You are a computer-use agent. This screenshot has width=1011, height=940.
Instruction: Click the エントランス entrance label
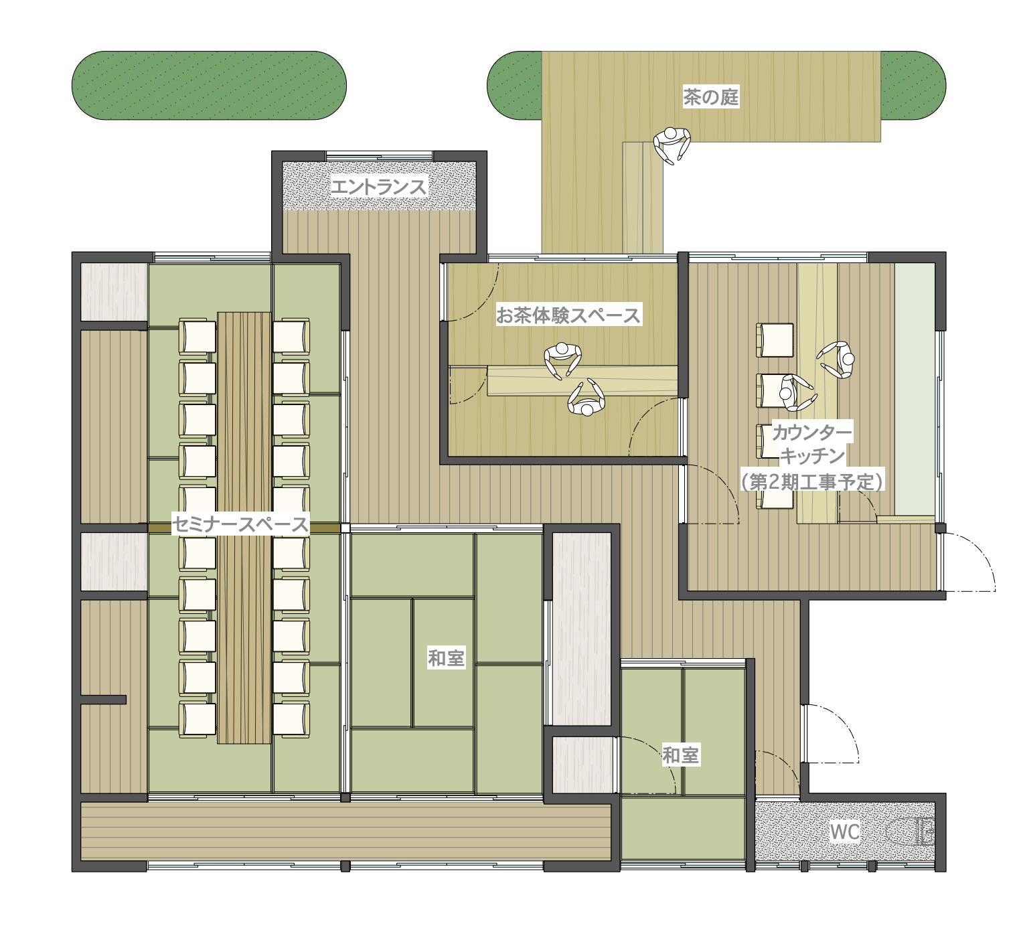tap(379, 187)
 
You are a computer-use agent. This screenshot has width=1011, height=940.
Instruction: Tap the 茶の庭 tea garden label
tap(710, 97)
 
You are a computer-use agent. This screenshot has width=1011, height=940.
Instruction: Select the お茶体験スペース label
tap(568, 315)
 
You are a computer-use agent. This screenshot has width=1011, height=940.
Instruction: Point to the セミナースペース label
tap(240, 524)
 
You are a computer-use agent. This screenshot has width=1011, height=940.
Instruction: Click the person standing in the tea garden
tap(672, 145)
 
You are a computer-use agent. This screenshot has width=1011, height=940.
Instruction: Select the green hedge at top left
tap(209, 86)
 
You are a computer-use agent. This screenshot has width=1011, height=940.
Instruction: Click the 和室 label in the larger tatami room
tap(446, 658)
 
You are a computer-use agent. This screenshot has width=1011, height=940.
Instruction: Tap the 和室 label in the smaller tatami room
tap(681, 755)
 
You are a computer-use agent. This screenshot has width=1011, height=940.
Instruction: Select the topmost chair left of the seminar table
tap(197, 336)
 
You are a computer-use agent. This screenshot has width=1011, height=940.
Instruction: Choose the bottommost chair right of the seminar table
tap(291, 719)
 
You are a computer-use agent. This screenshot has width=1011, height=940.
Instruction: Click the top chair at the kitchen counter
tap(775, 339)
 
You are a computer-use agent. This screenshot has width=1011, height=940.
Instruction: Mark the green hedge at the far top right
tap(913, 86)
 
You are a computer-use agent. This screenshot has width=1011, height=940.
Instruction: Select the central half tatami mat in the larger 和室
tap(443, 662)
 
